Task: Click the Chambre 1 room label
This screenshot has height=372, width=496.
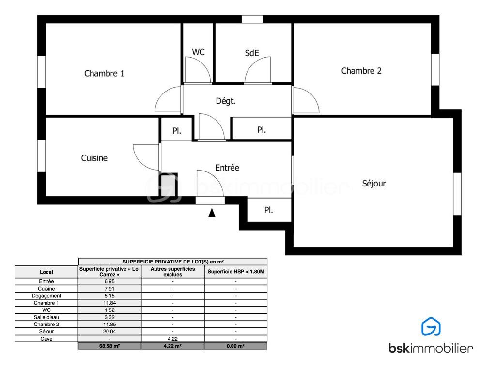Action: click(x=104, y=74)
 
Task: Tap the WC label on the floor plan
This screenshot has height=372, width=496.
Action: click(x=198, y=52)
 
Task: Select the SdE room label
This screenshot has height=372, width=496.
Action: click(x=252, y=53)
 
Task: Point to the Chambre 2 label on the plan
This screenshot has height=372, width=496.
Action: click(x=361, y=71)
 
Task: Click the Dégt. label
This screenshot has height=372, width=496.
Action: click(x=226, y=101)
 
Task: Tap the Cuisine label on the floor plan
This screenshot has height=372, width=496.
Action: click(x=94, y=158)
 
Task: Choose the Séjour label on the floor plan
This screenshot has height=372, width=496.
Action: click(x=374, y=184)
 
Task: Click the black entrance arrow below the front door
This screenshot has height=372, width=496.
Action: click(x=212, y=213)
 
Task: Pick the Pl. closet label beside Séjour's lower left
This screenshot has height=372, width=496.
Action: click(x=268, y=210)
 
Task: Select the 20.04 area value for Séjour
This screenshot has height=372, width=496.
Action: click(x=109, y=331)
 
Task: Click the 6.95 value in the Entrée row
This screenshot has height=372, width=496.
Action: click(x=109, y=281)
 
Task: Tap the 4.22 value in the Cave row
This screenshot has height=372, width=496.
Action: click(x=173, y=339)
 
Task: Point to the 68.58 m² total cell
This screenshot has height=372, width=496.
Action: click(x=109, y=346)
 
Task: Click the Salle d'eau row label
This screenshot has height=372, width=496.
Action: click(x=46, y=317)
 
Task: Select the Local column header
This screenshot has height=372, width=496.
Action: click(x=46, y=272)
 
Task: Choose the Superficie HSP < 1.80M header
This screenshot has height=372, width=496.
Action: click(x=236, y=272)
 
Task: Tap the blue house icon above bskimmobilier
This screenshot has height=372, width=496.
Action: click(x=431, y=326)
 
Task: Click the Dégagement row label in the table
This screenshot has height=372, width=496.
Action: click(x=46, y=296)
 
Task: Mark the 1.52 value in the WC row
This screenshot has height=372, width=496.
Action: click(x=109, y=310)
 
